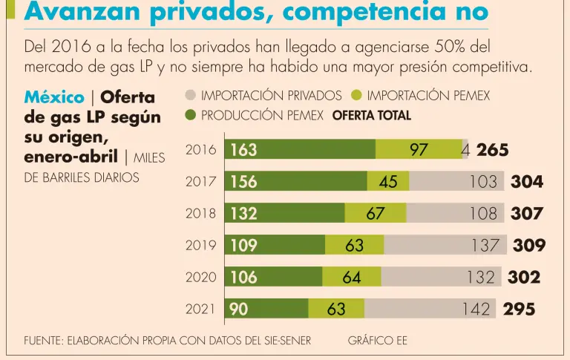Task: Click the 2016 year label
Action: (x=200, y=150)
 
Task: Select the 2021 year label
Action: (x=200, y=309)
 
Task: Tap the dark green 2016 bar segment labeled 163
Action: (x=300, y=150)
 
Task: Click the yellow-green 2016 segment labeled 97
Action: (x=419, y=150)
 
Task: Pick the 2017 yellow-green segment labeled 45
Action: (x=388, y=182)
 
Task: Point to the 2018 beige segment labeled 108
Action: (x=453, y=214)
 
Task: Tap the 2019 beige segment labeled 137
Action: (x=445, y=245)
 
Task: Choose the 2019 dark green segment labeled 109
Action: (x=275, y=245)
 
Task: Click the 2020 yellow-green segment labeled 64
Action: (x=352, y=277)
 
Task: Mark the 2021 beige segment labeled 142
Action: (x=430, y=309)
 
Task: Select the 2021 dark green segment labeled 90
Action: (x=266, y=309)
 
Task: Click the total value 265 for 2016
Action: (x=493, y=150)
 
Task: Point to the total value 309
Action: (x=529, y=245)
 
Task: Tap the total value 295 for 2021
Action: (x=519, y=309)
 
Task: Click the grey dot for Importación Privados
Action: (x=190, y=96)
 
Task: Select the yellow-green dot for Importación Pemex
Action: (x=356, y=96)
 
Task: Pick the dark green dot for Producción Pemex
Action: (x=190, y=116)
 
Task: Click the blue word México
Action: (x=53, y=97)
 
